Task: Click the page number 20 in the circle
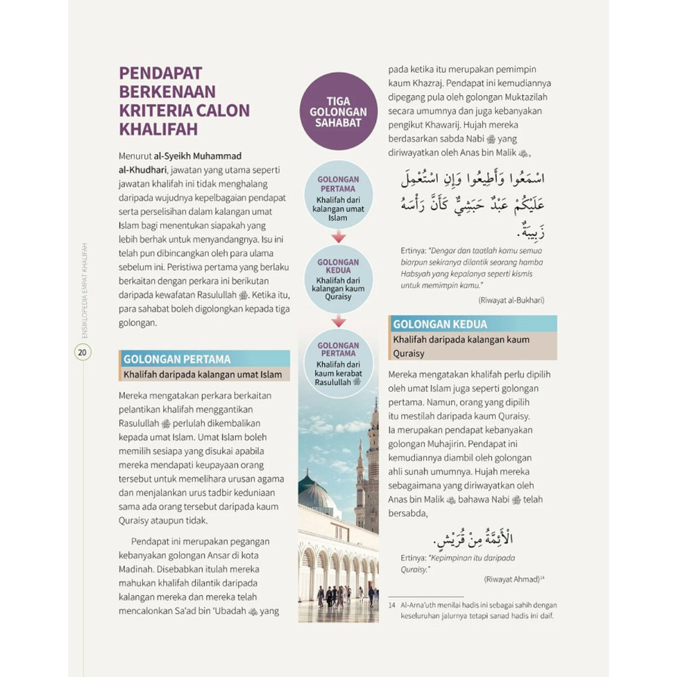point(83,352)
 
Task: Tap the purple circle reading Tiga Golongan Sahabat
point(338,112)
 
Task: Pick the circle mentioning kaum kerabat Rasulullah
point(338,364)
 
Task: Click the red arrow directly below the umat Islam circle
point(338,237)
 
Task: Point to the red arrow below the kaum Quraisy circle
point(338,321)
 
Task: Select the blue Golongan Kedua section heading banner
point(472,324)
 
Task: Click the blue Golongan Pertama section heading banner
point(206,359)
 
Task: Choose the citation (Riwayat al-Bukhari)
point(510,299)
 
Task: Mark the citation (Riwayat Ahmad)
point(508,578)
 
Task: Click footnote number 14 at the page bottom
point(392,605)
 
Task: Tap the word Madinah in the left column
point(140,569)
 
